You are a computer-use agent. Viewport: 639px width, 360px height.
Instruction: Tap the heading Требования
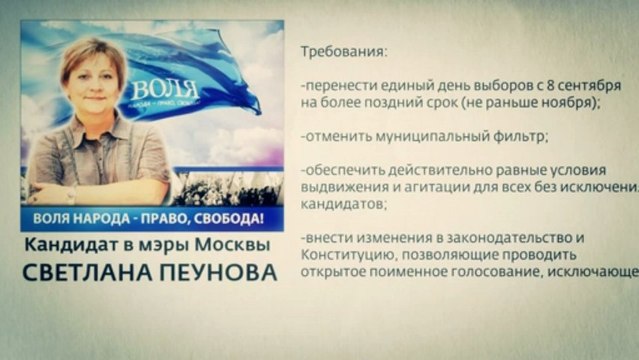click(341, 50)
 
